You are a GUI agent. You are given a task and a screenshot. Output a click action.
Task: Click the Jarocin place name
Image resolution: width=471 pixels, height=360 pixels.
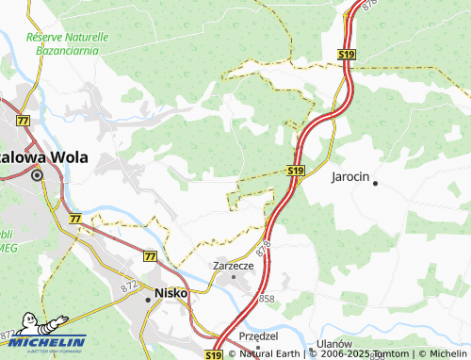tap(352, 176)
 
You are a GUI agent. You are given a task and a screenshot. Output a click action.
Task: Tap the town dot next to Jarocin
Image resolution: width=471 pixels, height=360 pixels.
tap(375, 183)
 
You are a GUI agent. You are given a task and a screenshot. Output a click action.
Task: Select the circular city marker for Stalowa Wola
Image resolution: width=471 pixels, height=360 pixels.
tap(38, 174)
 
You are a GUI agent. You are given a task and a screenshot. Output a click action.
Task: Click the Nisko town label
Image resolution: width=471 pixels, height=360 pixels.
tap(171, 293)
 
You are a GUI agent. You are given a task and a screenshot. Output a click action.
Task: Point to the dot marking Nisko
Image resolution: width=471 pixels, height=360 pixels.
tap(148, 299)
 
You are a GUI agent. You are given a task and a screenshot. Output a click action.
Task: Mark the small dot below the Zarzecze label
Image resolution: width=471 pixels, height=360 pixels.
tap(234, 276)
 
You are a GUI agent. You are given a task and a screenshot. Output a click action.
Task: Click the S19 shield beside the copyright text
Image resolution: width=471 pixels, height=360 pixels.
tap(214, 354)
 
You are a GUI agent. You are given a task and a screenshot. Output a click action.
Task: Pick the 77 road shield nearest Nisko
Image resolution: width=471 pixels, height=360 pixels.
tap(150, 255)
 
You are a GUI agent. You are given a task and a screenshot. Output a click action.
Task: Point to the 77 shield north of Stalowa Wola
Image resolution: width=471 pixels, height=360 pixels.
tap(22, 121)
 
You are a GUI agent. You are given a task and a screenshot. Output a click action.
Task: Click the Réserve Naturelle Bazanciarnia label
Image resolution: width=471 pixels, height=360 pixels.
tap(68, 41)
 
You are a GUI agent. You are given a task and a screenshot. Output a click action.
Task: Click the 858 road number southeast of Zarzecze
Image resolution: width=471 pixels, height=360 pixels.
tap(267, 298)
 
